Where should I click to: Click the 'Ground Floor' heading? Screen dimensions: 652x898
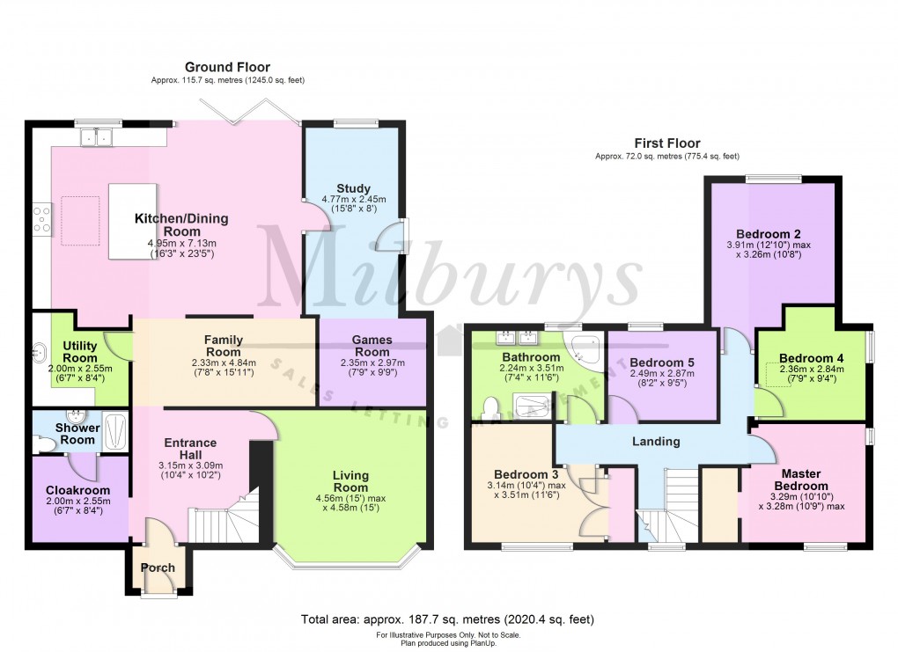pyautogui.click(x=227, y=68)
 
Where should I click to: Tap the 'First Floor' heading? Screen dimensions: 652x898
pyautogui.click(x=667, y=143)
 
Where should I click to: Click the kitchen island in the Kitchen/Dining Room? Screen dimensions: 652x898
pyautogui.click(x=133, y=221)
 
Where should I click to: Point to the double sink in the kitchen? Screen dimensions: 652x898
pyautogui.click(x=98, y=136)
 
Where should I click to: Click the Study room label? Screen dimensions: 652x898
pyautogui.click(x=353, y=188)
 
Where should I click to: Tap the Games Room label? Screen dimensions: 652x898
pyautogui.click(x=372, y=346)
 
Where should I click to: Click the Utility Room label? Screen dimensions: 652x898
pyautogui.click(x=80, y=352)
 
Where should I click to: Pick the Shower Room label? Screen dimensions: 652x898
pyautogui.click(x=77, y=434)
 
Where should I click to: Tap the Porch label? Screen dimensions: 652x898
pyautogui.click(x=158, y=568)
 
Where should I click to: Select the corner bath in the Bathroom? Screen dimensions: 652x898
pyautogui.click(x=585, y=349)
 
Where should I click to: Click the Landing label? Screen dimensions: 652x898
pyautogui.click(x=657, y=441)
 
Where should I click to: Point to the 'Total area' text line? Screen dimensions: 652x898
pyautogui.click(x=448, y=619)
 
